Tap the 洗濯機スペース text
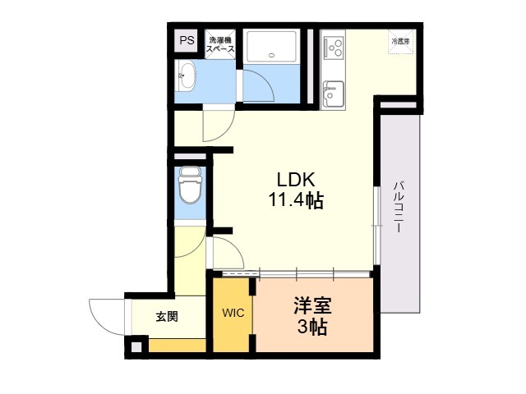pyautogui.click(x=219, y=44)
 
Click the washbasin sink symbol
pyautogui.click(x=187, y=76)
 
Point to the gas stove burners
pyautogui.click(x=335, y=48)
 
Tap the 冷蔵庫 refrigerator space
pyautogui.click(x=400, y=42)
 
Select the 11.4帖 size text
pyautogui.click(x=293, y=201)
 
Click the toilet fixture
pyautogui.click(x=191, y=187)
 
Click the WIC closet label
pyautogui.click(x=231, y=314)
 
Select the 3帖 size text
pyautogui.click(x=313, y=328)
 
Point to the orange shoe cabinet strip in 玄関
pyautogui.click(x=176, y=346)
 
